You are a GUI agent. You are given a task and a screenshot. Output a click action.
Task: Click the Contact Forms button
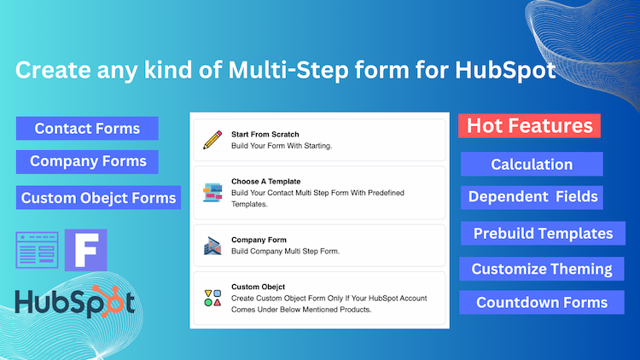(x=88, y=129)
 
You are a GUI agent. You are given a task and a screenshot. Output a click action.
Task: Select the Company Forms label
(x=88, y=161)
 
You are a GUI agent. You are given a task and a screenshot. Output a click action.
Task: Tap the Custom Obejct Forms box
(x=99, y=198)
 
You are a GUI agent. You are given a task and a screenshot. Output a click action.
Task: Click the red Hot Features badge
(x=530, y=126)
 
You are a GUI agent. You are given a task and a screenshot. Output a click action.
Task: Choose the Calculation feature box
(x=532, y=165)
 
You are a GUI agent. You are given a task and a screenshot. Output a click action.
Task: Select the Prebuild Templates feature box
(x=543, y=233)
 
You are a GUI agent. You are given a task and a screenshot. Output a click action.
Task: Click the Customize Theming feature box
(x=542, y=270)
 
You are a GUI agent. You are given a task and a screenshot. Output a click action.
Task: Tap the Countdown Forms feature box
(x=542, y=303)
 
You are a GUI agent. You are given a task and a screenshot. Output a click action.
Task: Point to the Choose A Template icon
(x=212, y=194)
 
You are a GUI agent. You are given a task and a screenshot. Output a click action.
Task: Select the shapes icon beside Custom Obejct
(x=212, y=298)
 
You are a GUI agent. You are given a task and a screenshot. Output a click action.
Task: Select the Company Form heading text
(x=259, y=240)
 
